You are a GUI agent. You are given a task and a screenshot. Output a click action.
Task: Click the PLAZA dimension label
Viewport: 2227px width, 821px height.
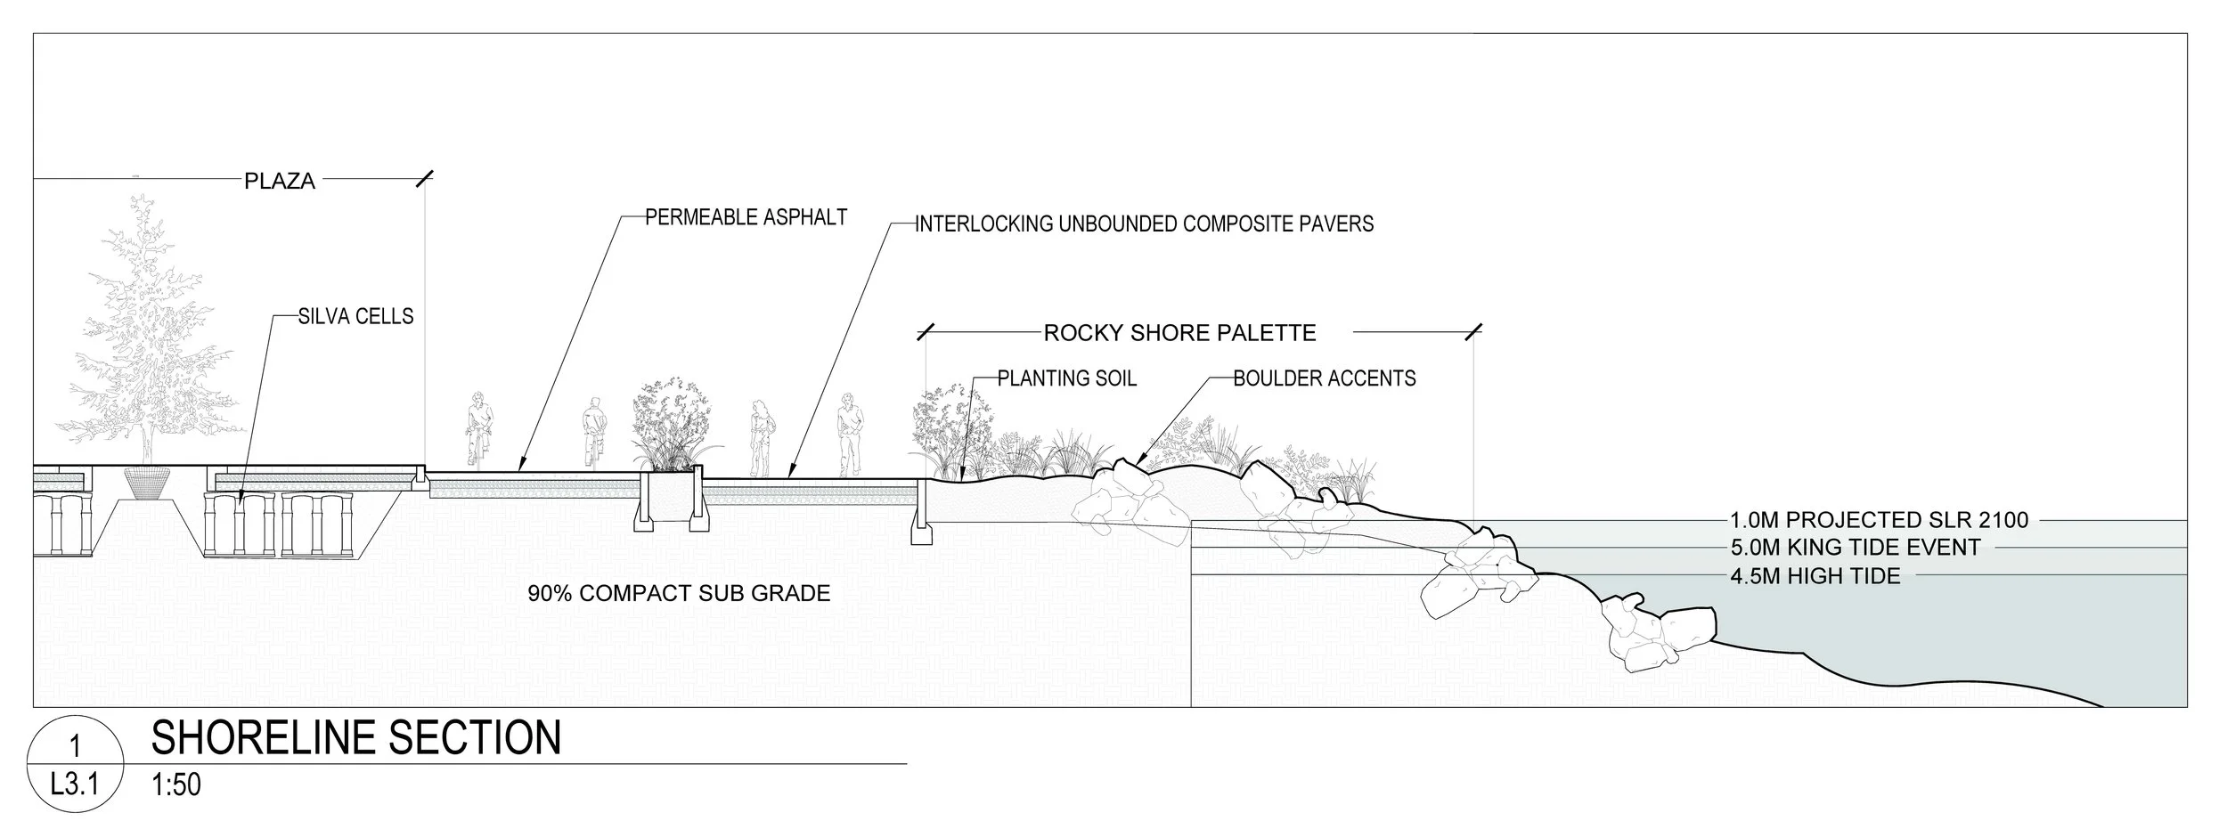pyautogui.click(x=280, y=181)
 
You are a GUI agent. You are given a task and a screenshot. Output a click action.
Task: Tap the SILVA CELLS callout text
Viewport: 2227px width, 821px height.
pyautogui.click(x=355, y=316)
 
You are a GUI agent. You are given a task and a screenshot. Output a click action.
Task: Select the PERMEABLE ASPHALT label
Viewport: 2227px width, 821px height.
pyautogui.click(x=746, y=217)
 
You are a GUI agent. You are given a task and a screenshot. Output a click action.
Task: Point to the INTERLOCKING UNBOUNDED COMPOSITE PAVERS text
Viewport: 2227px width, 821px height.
pyautogui.click(x=1144, y=224)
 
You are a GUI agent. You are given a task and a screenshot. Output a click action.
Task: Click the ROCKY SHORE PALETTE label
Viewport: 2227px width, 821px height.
pyautogui.click(x=1179, y=333)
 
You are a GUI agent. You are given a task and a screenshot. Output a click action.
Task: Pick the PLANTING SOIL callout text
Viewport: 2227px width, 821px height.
pyautogui.click(x=1066, y=378)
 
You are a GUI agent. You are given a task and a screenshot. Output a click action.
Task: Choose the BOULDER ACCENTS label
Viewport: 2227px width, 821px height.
pyautogui.click(x=1324, y=378)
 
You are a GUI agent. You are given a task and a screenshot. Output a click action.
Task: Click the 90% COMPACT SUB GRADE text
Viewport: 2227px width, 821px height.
pyautogui.click(x=679, y=593)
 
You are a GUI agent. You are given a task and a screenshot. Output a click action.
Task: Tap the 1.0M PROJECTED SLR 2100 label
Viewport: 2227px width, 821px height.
pyautogui.click(x=1879, y=520)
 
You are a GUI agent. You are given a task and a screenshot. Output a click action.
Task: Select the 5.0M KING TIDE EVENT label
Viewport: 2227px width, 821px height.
pyautogui.click(x=1855, y=548)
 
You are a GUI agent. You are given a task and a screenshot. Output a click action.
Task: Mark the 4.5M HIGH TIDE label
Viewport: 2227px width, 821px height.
pyautogui.click(x=1815, y=576)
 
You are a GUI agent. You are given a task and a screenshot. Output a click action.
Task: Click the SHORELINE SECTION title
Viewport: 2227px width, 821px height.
pyautogui.click(x=356, y=737)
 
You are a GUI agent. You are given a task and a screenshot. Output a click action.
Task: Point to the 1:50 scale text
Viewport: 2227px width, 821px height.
pyautogui.click(x=176, y=785)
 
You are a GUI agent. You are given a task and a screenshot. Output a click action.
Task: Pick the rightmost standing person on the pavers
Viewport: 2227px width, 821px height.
pyautogui.click(x=849, y=434)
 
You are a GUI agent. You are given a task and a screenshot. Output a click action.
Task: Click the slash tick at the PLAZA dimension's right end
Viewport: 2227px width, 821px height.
pyautogui.click(x=424, y=179)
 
